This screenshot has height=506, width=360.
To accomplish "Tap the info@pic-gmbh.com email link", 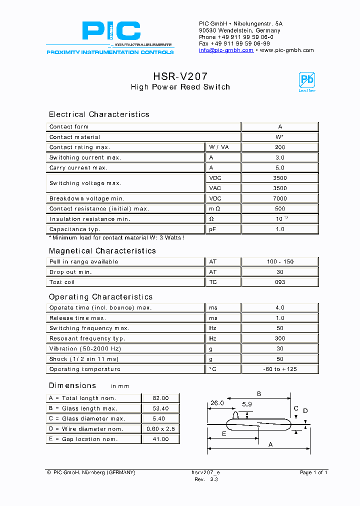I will [226, 50].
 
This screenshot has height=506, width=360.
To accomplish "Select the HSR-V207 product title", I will [180, 76].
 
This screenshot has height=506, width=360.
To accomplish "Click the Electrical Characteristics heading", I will [99, 114].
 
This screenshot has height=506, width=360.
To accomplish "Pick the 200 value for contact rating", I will [280, 147].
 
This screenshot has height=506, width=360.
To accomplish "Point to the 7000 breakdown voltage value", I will [280, 198].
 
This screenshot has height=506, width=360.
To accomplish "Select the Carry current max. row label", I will [78, 168].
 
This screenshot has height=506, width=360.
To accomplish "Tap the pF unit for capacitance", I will [212, 229].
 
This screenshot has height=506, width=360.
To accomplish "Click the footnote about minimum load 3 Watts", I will [116, 238].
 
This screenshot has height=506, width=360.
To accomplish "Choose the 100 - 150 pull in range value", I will [280, 262].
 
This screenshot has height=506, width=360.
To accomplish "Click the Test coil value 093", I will [280, 282].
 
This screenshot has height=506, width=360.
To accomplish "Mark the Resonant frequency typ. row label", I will [85, 339].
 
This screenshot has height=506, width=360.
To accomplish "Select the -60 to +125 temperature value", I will [280, 369].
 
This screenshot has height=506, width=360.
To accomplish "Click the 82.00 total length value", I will [160, 398].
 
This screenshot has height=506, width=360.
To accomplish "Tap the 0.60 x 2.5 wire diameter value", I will [160, 429].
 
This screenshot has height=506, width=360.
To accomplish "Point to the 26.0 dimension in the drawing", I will [217, 402].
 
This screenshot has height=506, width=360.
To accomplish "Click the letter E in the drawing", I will [223, 434].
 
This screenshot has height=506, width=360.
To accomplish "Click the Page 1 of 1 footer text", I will [313, 472].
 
